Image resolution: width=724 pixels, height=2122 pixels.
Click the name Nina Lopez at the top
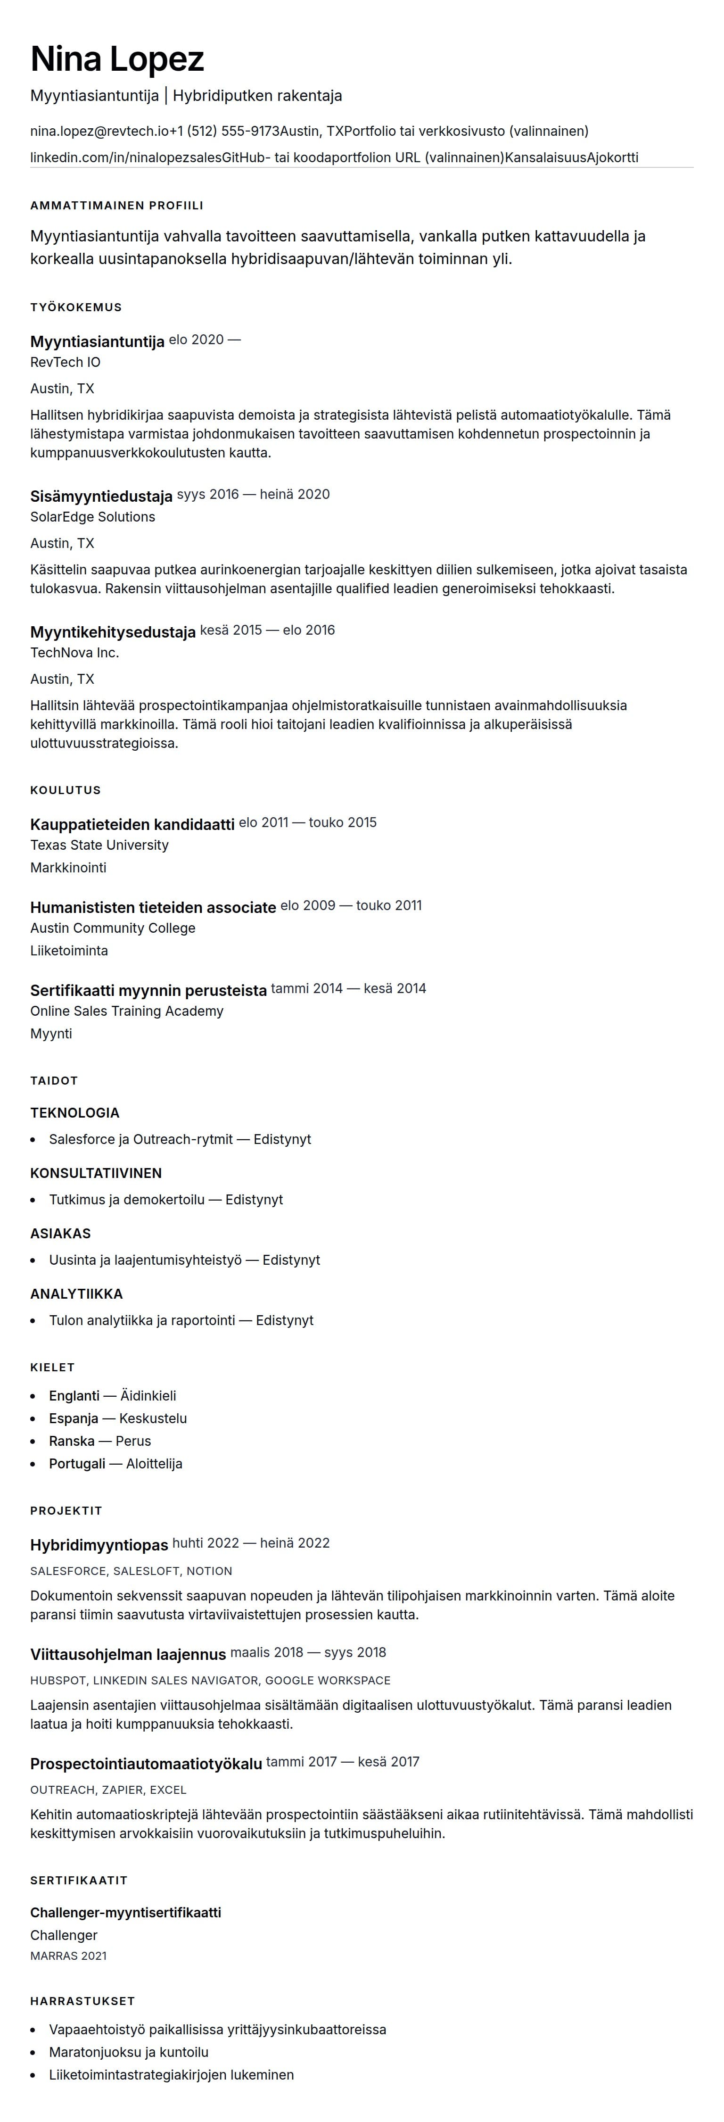tap(117, 59)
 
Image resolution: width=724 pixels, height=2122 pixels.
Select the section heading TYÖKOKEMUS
tap(76, 307)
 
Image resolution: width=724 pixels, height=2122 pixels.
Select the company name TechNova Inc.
tap(74, 653)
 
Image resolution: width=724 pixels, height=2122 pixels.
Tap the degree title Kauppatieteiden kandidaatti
tap(132, 825)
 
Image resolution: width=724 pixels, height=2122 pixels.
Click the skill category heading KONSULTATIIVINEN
tap(96, 1173)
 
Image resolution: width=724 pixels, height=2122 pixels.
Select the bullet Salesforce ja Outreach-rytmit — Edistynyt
tap(180, 1139)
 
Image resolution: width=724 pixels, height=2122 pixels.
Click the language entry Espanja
tap(74, 1418)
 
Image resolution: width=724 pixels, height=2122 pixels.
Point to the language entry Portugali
tap(77, 1464)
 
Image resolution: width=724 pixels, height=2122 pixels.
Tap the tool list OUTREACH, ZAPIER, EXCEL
tap(108, 1790)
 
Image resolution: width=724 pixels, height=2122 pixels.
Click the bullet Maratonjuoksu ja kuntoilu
tap(129, 2052)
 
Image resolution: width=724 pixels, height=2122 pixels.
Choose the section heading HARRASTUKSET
tap(82, 2001)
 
